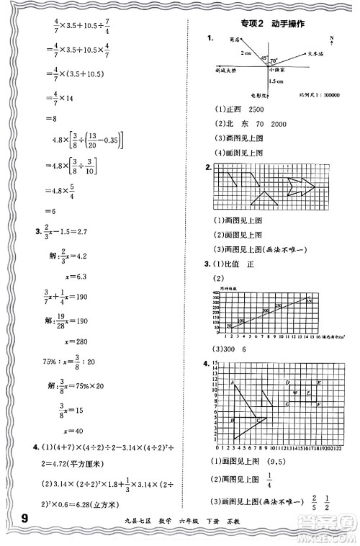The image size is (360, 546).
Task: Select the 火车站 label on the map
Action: [318, 53]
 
